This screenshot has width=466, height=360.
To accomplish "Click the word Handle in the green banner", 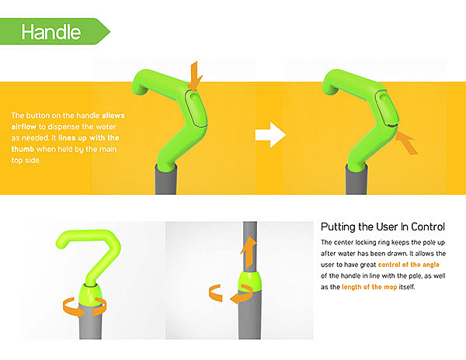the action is point(51,32).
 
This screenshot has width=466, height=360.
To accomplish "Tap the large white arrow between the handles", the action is point(270,134).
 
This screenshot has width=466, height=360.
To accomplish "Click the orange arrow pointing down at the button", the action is point(194,76).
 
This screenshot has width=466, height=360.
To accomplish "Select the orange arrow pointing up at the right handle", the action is point(406,143).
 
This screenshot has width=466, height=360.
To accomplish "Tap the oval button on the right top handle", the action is point(387,109).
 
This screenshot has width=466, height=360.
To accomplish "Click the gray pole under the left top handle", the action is point(166,179).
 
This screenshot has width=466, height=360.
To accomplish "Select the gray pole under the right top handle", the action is point(356,179).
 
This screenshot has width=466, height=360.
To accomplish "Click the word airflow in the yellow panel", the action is point(24,126).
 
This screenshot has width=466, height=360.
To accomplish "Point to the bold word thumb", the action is point(23,149).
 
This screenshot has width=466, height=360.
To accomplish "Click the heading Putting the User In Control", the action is point(383,227).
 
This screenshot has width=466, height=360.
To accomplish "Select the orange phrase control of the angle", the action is point(409,265).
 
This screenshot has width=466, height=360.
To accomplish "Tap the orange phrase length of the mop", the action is point(370,287).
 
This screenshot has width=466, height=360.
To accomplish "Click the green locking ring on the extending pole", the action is point(250,282).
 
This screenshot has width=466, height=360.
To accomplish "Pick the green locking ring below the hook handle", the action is point(91,294).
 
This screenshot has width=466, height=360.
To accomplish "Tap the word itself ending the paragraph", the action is point(407,287).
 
